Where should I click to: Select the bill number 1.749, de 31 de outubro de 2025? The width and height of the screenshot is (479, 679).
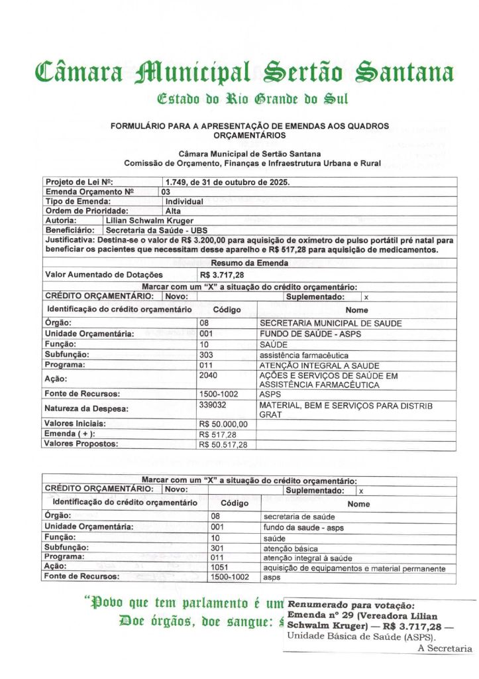[227, 182]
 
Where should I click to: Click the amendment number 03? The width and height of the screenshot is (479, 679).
[166, 192]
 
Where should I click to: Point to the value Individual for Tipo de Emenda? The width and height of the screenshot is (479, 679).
[184, 201]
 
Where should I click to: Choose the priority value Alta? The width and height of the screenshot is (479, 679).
[174, 211]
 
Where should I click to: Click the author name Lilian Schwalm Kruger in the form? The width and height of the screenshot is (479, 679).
[149, 220]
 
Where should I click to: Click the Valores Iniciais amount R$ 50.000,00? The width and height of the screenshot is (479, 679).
[223, 424]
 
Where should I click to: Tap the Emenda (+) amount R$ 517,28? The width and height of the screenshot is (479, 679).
[218, 434]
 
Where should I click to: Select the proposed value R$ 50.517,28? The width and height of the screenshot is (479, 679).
[223, 444]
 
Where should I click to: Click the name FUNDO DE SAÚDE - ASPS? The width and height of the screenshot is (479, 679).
[310, 334]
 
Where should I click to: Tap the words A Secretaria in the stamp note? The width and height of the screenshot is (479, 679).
[445, 648]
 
